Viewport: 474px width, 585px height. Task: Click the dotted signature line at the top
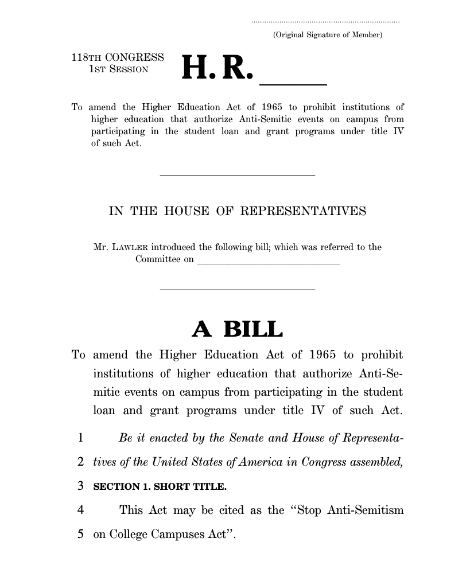[325, 22]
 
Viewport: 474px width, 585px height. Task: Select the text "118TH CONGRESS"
[118, 58]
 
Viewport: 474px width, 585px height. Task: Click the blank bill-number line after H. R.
[293, 84]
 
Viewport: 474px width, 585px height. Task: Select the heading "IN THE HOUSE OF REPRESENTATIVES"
[237, 211]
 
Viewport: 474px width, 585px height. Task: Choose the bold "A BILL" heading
[237, 329]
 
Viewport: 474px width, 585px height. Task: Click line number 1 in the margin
[81, 439]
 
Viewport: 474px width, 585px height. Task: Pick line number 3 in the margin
[81, 487]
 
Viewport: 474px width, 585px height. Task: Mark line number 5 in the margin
[81, 534]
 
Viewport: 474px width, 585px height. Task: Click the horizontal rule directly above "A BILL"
[237, 289]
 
